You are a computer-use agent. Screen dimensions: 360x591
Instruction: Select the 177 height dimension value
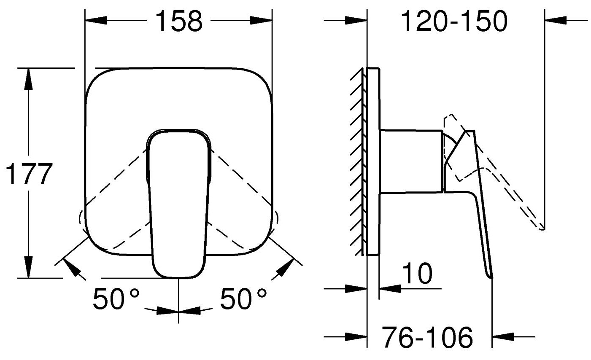(29, 174)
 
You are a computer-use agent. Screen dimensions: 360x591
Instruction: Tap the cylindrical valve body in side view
(411, 161)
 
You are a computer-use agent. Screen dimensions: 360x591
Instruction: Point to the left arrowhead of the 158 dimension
(95, 21)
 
